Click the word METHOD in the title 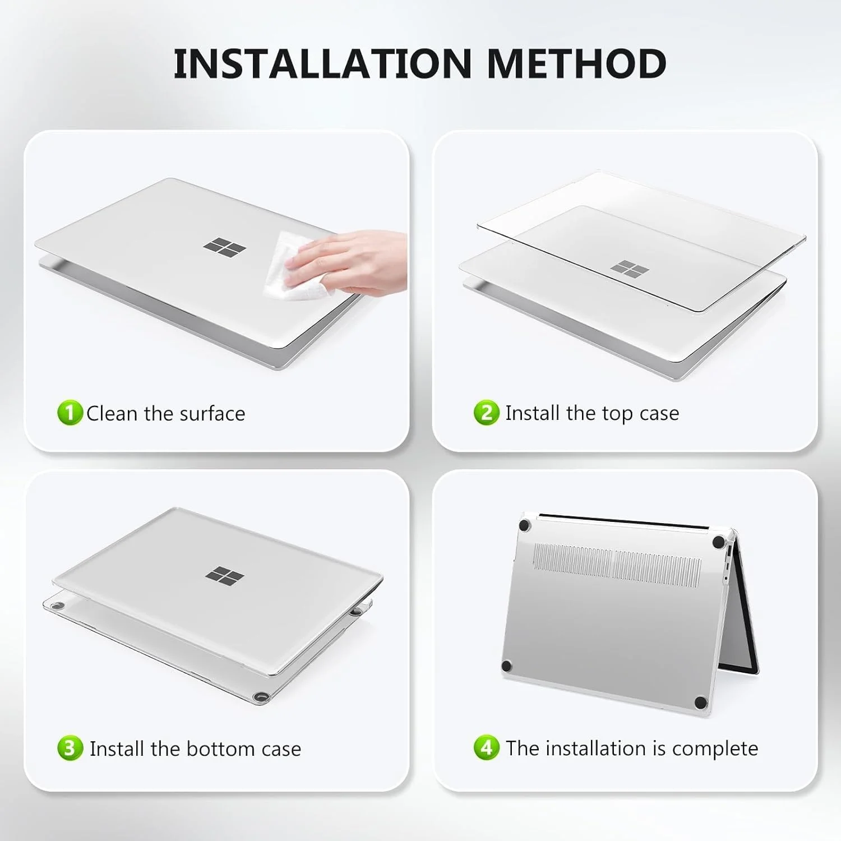[577, 63]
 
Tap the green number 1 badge [70, 413]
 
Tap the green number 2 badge [486, 413]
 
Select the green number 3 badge [70, 748]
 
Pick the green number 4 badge [486, 748]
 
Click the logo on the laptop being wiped [224, 247]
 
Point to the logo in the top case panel [629, 269]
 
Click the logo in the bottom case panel [224, 575]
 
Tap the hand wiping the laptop [348, 258]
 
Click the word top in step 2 [617, 414]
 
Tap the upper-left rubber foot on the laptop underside [525, 525]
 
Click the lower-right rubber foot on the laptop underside [700, 703]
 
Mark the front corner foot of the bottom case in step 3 [260, 697]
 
